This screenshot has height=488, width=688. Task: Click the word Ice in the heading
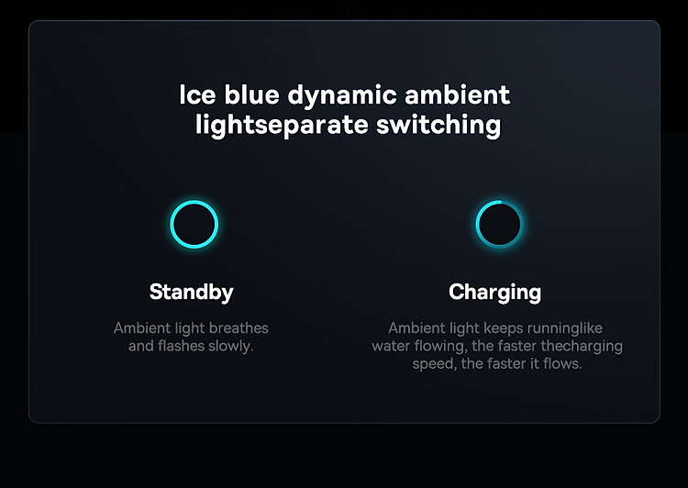click(x=197, y=94)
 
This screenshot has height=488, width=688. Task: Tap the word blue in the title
click(x=252, y=94)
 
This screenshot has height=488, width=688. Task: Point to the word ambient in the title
click(x=458, y=94)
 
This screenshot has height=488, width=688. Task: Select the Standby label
click(x=192, y=293)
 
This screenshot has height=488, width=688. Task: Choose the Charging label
click(x=495, y=293)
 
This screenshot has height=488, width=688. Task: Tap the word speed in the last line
click(x=434, y=365)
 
